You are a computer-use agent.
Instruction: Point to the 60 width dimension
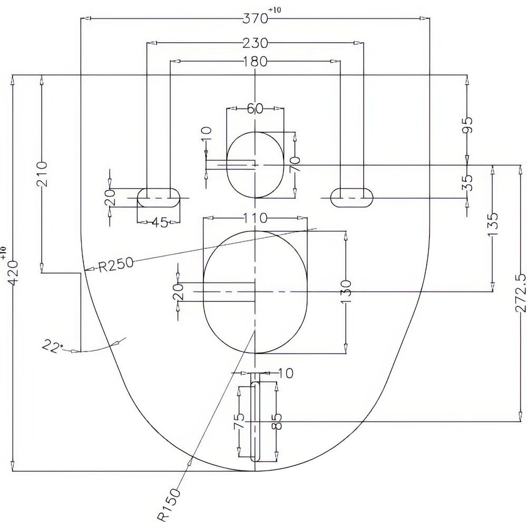tap(255, 109)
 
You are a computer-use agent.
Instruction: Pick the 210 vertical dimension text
tap(42, 174)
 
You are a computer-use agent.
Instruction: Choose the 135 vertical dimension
tap(493, 225)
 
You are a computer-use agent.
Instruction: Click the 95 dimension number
tap(467, 125)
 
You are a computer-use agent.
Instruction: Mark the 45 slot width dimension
tap(160, 222)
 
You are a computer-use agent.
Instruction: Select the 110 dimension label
tap(255, 218)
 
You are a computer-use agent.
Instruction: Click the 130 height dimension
tap(346, 291)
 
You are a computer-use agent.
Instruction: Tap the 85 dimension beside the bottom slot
tap(277, 422)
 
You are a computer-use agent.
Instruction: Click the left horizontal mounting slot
tap(159, 198)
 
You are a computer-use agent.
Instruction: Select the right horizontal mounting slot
tap(352, 198)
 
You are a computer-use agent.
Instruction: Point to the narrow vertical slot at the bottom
tap(256, 422)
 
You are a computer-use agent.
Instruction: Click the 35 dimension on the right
tap(467, 182)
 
